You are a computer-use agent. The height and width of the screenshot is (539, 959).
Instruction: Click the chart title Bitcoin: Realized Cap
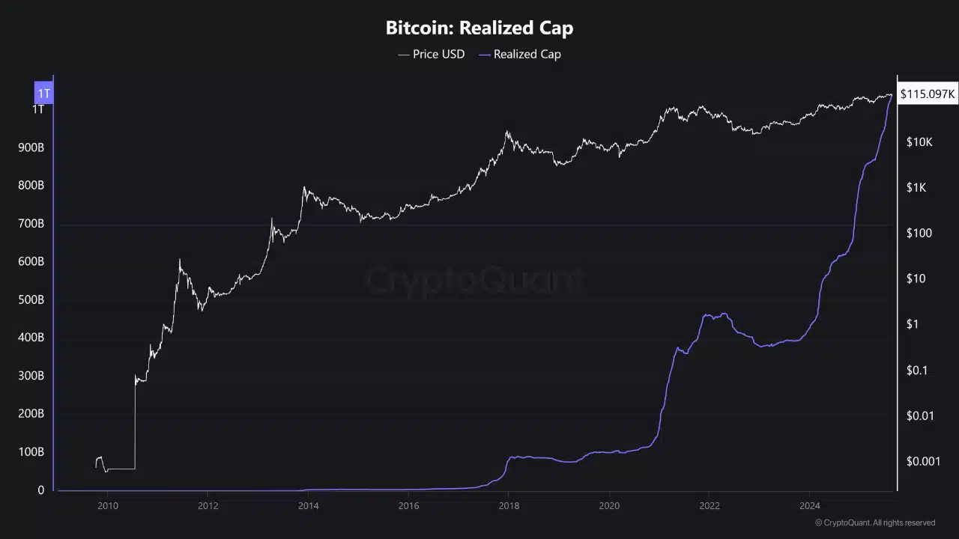479,28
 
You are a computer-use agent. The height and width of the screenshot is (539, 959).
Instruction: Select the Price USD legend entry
438,54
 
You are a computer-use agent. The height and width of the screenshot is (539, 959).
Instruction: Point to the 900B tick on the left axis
31,147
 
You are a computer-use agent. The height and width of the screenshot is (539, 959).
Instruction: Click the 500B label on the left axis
31,300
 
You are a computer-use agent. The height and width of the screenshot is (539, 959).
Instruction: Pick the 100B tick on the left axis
31,452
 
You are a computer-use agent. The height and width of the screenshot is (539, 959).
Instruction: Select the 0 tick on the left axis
40,490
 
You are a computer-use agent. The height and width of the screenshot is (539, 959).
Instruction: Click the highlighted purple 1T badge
44,94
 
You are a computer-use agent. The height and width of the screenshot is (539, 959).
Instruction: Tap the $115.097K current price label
927,94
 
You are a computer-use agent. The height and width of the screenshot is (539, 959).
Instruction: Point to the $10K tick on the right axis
919,142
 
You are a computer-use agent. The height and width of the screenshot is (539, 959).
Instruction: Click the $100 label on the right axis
919,234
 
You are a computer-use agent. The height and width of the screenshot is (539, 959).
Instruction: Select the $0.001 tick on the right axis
922,461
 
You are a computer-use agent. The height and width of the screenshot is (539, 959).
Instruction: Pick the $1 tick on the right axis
912,324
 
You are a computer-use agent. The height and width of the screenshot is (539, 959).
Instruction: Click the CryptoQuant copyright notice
874,523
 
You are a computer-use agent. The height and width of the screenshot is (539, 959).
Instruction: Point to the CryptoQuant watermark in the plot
475,279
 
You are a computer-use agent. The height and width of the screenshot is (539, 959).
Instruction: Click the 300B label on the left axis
31,376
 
